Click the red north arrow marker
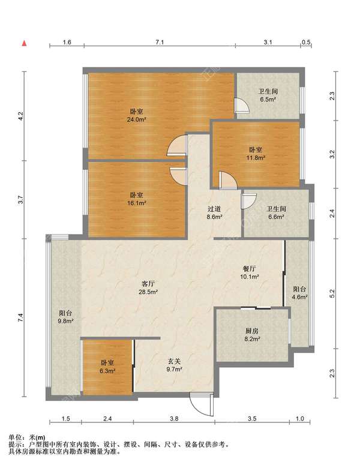(x=25, y=43)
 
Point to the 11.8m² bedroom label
(x=256, y=154)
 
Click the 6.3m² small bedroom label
(x=107, y=367)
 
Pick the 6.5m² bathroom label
(x=268, y=95)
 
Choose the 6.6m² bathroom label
(x=276, y=213)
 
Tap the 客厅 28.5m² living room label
(x=148, y=288)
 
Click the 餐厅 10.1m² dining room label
(x=250, y=272)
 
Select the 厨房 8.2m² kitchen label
(x=252, y=335)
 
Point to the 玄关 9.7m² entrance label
(x=175, y=365)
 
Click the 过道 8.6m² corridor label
(x=214, y=213)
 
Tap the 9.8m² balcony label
(x=66, y=317)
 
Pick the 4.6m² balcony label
(x=300, y=293)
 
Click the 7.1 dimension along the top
(x=160, y=42)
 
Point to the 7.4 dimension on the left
(x=20, y=317)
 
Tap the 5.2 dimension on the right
(x=332, y=293)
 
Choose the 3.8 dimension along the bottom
(x=174, y=419)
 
